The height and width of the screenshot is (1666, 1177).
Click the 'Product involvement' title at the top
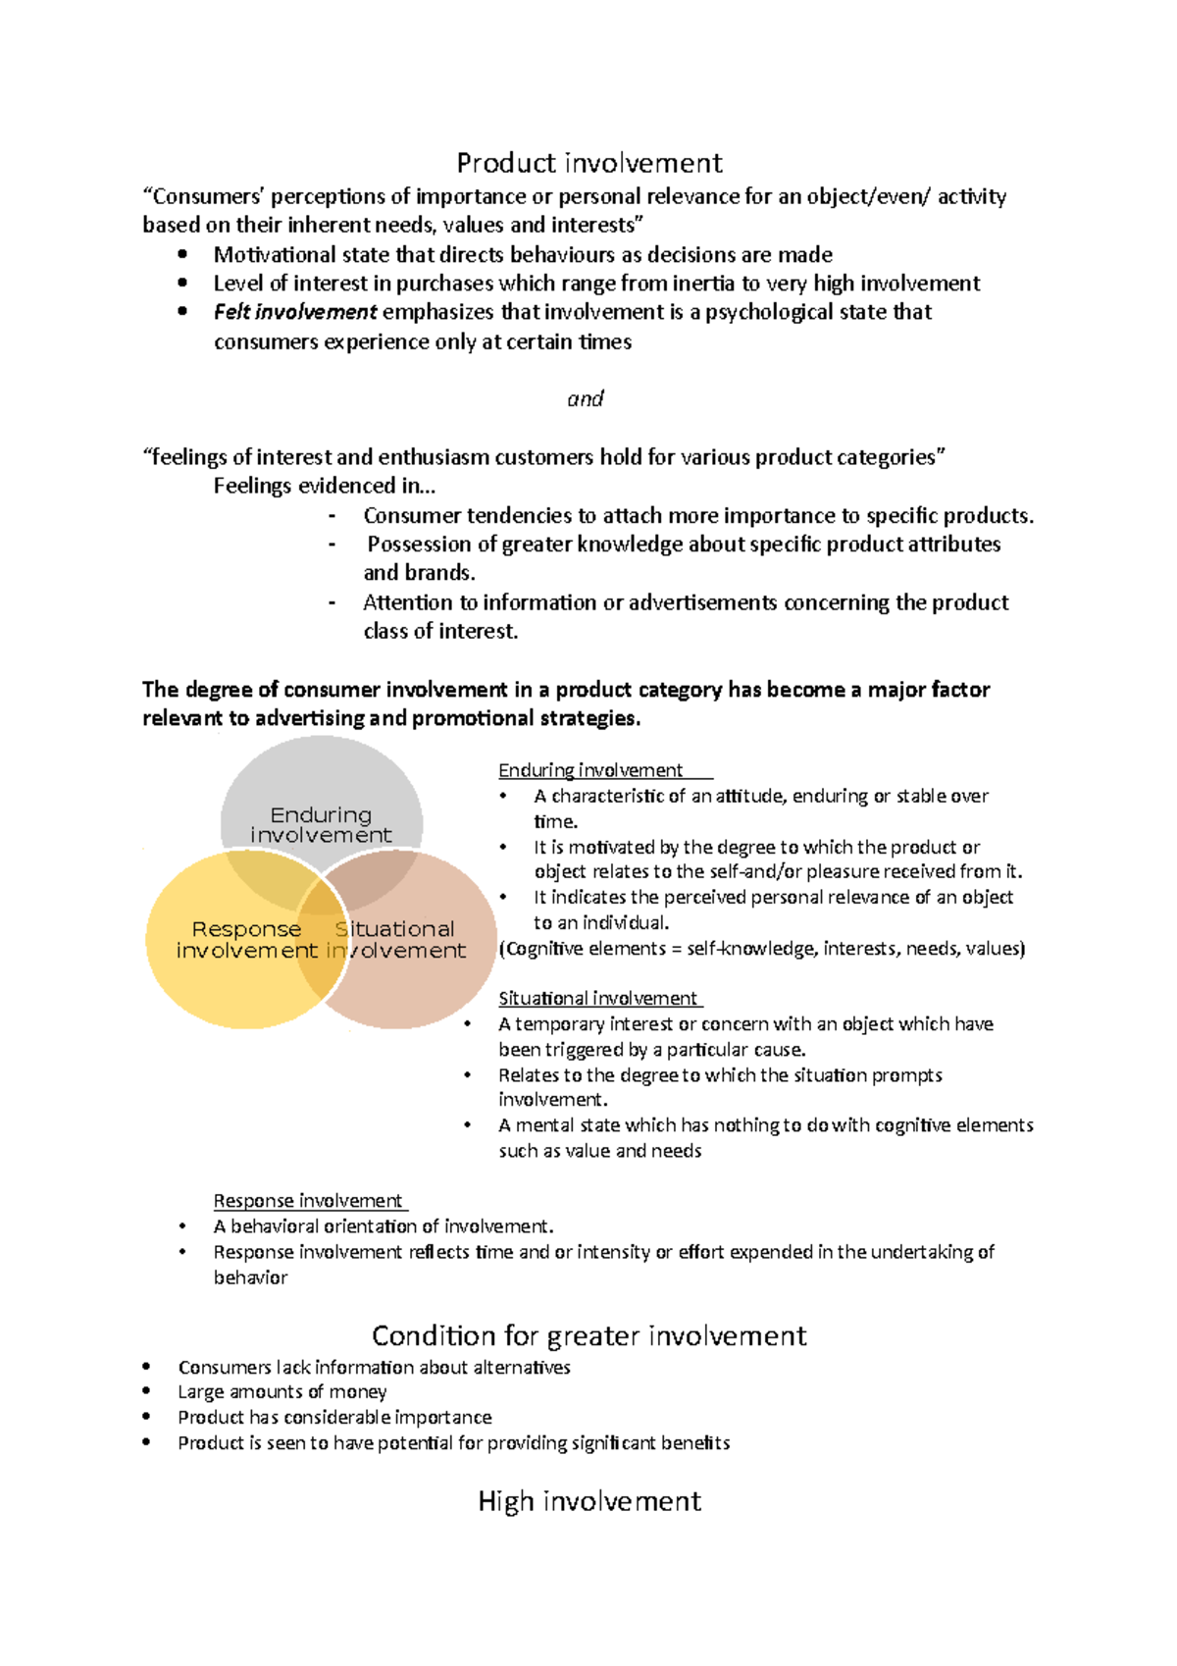click(x=588, y=163)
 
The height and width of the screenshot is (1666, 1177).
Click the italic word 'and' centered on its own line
click(x=586, y=399)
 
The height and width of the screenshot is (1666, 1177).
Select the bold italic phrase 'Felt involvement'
click(x=294, y=312)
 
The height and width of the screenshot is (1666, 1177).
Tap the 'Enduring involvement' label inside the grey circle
click(x=321, y=824)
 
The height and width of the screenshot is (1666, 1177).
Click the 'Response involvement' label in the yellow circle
click(x=246, y=939)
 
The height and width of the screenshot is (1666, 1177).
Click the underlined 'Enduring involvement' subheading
click(x=590, y=770)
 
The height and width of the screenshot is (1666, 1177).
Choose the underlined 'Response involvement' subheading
click(x=308, y=1201)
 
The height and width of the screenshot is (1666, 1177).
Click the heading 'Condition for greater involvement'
click(x=588, y=1335)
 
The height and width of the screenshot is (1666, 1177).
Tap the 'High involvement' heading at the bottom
click(x=588, y=1501)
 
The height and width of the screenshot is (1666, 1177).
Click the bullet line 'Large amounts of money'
click(x=281, y=1392)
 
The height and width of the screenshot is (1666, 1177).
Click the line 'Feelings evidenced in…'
click(x=324, y=487)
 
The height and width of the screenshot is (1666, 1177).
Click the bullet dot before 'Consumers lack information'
click(x=146, y=1366)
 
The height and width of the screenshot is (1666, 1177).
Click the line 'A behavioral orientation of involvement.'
click(x=383, y=1226)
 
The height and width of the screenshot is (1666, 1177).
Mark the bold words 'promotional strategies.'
click(x=526, y=718)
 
